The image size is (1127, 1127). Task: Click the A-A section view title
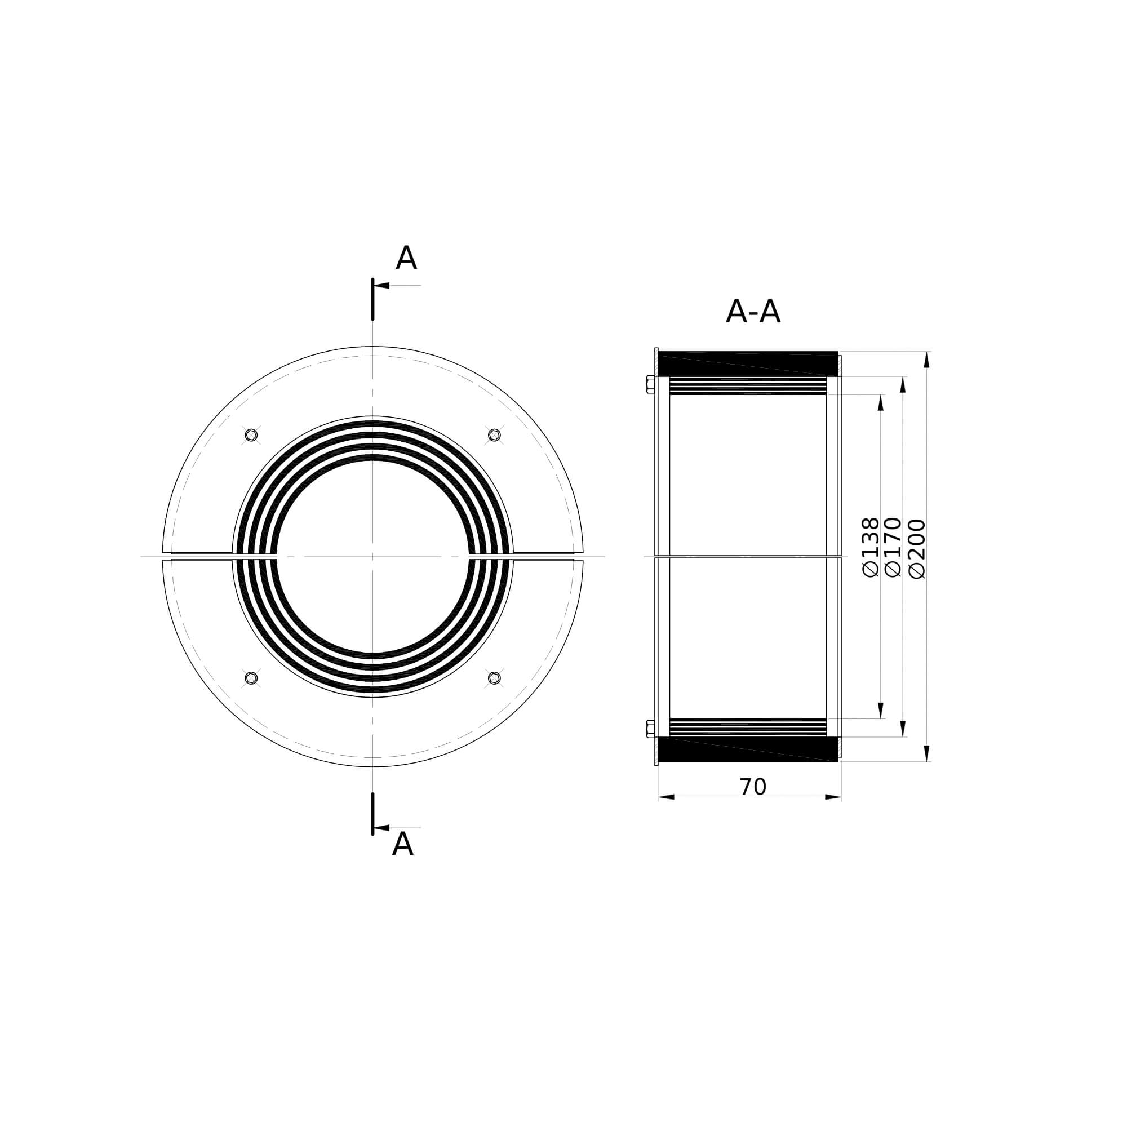pyautogui.click(x=752, y=312)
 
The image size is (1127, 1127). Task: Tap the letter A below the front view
pyautogui.click(x=402, y=845)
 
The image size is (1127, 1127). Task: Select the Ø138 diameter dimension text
pyautogui.click(x=871, y=547)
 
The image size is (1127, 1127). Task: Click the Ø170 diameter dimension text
pyautogui.click(x=893, y=547)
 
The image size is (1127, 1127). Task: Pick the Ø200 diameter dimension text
pyautogui.click(x=917, y=548)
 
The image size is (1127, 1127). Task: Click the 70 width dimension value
pyautogui.click(x=752, y=788)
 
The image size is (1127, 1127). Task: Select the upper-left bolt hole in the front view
pyautogui.click(x=251, y=434)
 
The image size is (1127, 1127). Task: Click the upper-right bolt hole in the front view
pyautogui.click(x=494, y=434)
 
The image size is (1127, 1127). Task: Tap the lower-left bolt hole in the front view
pyautogui.click(x=251, y=677)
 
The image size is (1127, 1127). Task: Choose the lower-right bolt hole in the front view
pyautogui.click(x=494, y=677)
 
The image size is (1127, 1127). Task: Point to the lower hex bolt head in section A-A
pyautogui.click(x=650, y=729)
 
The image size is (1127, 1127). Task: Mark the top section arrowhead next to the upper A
pyautogui.click(x=382, y=285)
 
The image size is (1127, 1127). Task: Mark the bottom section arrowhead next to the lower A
pyautogui.click(x=382, y=828)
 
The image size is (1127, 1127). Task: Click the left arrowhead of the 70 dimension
pyautogui.click(x=666, y=797)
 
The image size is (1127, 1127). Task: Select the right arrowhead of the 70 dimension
pyautogui.click(x=833, y=797)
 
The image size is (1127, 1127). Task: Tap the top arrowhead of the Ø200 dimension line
pyautogui.click(x=927, y=360)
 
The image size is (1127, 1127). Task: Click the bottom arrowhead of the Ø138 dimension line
pyautogui.click(x=881, y=711)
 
